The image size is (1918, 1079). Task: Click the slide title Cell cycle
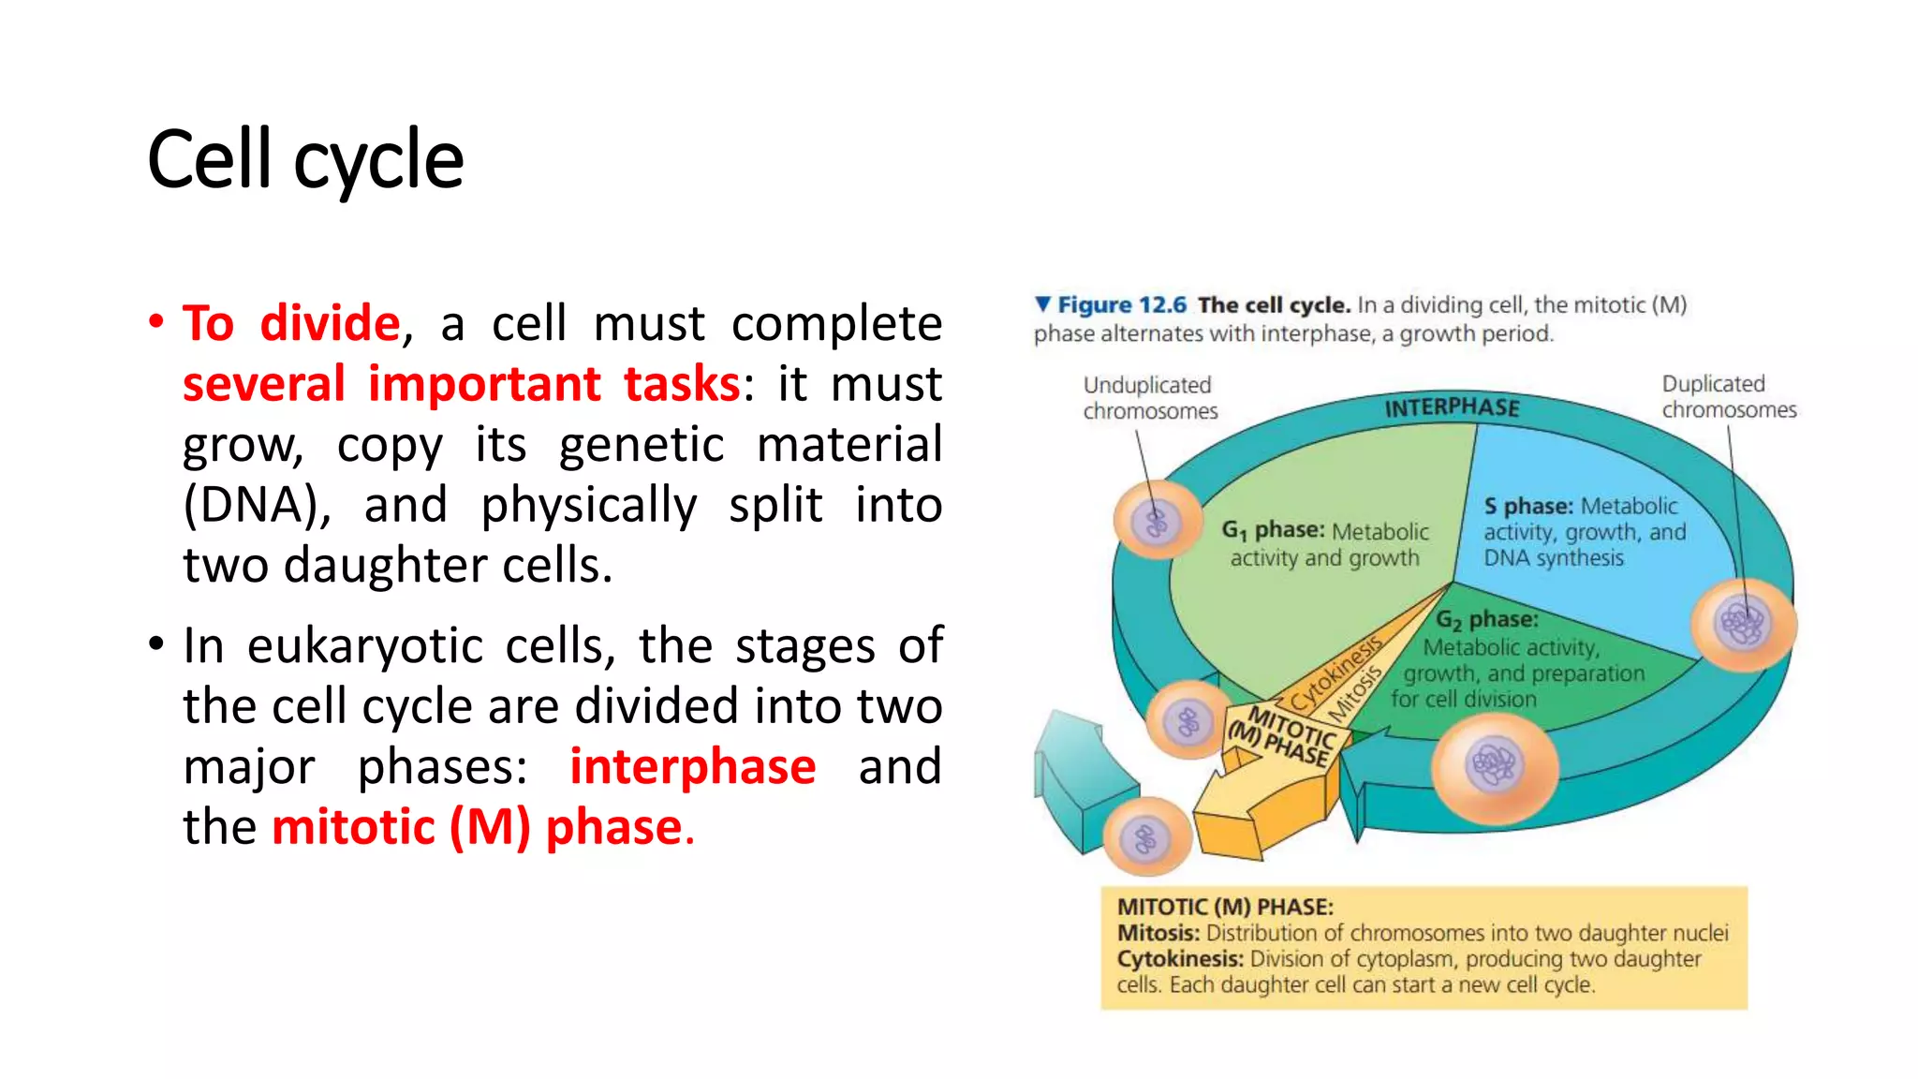pyautogui.click(x=305, y=160)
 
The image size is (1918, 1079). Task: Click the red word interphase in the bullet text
pyautogui.click(x=692, y=766)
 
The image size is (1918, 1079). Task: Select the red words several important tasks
pyautogui.click(x=461, y=384)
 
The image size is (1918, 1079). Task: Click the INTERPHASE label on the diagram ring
pyautogui.click(x=1452, y=407)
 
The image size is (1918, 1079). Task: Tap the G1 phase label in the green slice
pyautogui.click(x=1272, y=531)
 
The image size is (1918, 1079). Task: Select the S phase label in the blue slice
pyautogui.click(x=1527, y=507)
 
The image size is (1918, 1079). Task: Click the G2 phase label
pyautogui.click(x=1487, y=620)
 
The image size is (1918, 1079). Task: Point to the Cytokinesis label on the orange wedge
pyautogui.click(x=1335, y=674)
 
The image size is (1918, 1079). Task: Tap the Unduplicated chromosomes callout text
pyautogui.click(x=1149, y=398)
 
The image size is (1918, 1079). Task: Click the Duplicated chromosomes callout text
pyautogui.click(x=1728, y=397)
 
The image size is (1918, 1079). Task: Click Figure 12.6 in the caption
pyautogui.click(x=1121, y=305)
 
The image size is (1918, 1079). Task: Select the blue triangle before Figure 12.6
pyautogui.click(x=1042, y=304)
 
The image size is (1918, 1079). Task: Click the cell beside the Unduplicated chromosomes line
pyautogui.click(x=1158, y=521)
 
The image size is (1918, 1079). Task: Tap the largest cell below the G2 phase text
pyautogui.click(x=1495, y=765)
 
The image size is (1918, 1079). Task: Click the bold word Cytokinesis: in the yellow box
pyautogui.click(x=1179, y=959)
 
